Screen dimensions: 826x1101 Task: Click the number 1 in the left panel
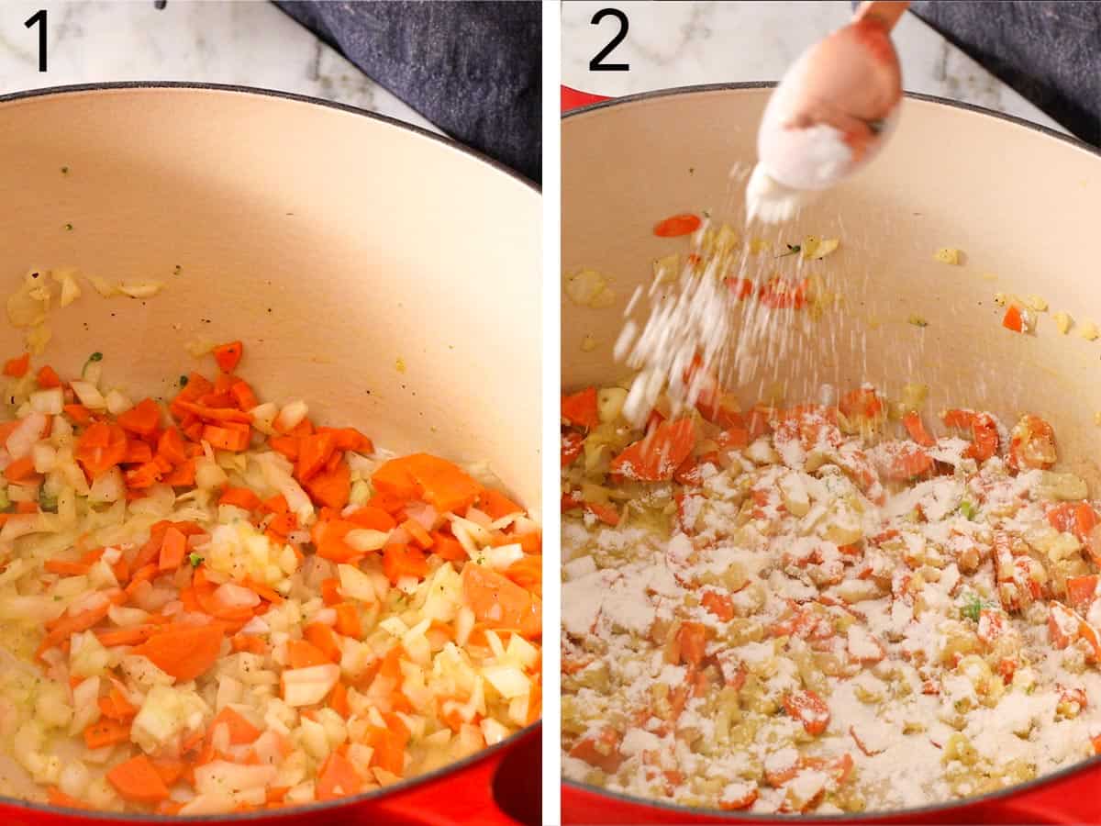tap(37, 39)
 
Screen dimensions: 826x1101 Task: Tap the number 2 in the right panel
tap(609, 39)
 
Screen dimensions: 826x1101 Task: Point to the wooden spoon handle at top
tap(880, 14)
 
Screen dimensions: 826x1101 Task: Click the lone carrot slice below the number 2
tap(677, 225)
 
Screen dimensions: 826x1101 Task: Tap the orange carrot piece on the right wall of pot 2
tap(1014, 318)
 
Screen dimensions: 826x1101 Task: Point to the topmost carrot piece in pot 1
tap(228, 355)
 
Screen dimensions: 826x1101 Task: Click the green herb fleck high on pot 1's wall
tap(65, 171)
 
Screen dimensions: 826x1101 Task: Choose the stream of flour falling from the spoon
tap(679, 330)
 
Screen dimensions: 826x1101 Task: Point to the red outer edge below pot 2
tap(826, 814)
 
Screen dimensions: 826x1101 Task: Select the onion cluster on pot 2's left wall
tap(588, 287)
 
